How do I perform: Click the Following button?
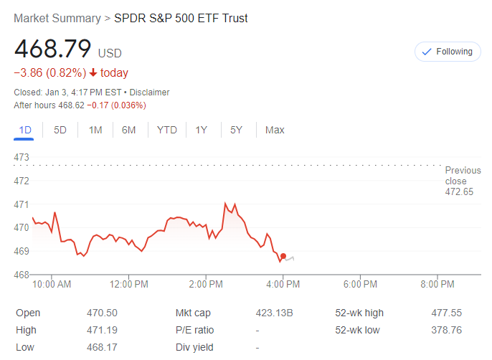pos(448,52)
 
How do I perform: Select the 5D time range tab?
pos(60,130)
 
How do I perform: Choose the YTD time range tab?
pos(166,130)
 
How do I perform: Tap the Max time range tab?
pos(275,130)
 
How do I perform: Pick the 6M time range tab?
pos(129,130)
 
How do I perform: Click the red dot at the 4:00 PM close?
pos(283,256)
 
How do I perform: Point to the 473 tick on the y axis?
pos(21,157)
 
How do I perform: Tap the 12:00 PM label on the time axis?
pos(129,284)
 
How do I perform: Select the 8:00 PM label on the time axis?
pos(437,284)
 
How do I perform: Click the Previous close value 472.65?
pos(459,191)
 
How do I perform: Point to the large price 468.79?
pos(52,49)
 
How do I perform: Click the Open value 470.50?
pos(102,313)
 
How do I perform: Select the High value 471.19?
pos(102,330)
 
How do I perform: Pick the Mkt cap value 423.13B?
pos(275,313)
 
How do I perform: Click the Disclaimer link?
pos(149,93)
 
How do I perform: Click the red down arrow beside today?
pos(93,72)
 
